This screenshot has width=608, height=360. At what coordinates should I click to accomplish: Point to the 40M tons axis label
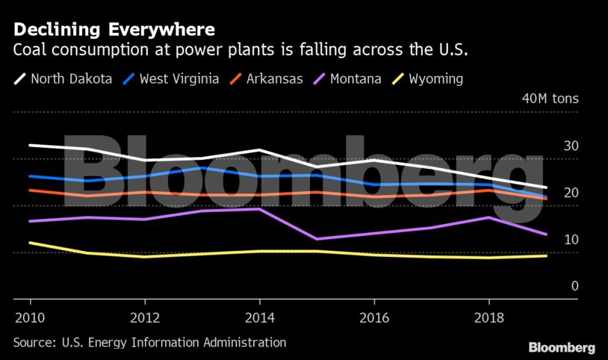(549, 99)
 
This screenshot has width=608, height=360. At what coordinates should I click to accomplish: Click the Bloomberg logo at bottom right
(562, 347)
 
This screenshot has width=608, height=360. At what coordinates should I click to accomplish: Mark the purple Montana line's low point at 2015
(317, 239)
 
